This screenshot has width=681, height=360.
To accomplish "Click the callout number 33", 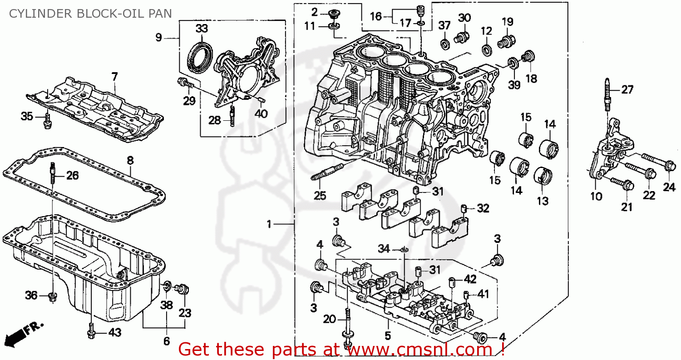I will pos(202,29).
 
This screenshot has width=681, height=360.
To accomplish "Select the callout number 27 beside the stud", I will pos(627,90).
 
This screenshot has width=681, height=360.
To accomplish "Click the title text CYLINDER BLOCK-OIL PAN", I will pos(90,13).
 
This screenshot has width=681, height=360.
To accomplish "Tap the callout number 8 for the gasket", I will pos(130,160).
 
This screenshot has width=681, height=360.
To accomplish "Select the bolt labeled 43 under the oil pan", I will pos(90,330).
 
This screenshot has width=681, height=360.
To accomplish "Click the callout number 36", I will pos(31,296).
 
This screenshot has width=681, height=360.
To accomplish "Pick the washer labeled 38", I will pos(167,286).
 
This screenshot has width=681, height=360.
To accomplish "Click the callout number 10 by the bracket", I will pos(596,196).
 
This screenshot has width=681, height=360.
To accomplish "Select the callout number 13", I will pos(543,200).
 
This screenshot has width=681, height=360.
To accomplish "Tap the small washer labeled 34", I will pos(404,250).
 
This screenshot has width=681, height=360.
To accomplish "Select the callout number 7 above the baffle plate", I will pos(114,77).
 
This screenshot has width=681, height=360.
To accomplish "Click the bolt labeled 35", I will pos(47,120).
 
